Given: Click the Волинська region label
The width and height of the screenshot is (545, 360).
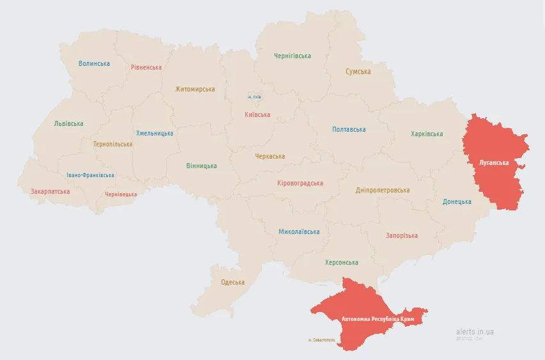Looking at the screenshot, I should point(94,63).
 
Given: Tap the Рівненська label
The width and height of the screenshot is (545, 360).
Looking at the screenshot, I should point(146,67).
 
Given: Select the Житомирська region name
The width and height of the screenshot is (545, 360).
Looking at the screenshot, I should point(195,90).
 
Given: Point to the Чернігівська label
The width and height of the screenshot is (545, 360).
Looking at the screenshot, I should point(292,56).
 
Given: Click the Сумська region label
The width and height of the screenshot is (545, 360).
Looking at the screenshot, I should point(358,72).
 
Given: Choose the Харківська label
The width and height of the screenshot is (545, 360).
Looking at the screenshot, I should point(427,134).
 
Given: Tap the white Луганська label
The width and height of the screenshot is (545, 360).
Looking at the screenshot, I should point(494,162).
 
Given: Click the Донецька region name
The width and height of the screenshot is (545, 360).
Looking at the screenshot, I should point(457,201).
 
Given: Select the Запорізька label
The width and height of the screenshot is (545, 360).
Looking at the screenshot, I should point(401,235).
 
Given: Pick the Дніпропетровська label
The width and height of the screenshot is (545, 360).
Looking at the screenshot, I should point(383,190).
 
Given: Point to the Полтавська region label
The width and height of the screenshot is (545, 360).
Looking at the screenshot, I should point(349,129).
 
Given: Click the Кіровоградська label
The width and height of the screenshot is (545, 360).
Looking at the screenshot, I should point(300,183).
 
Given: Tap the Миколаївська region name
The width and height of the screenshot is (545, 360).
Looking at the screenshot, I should point(298,231).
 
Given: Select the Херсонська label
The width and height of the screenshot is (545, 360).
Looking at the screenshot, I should point(341,262).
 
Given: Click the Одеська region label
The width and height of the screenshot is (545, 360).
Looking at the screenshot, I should point(233,282).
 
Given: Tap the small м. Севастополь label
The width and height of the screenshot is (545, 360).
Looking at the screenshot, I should point(321,340).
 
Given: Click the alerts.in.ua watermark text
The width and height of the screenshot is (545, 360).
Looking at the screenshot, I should point(475,332).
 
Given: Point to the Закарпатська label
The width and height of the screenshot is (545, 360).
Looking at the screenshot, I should point(50,191).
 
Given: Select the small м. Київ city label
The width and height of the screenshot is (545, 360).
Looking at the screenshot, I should point(254,97).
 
